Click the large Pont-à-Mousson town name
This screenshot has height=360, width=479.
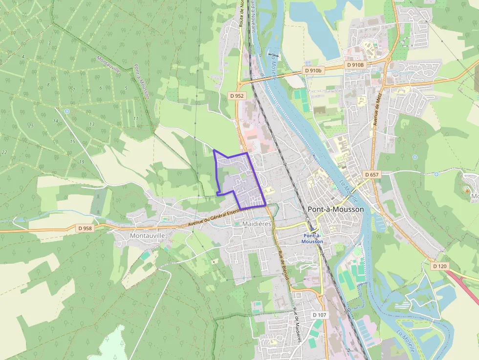[x=336, y=209]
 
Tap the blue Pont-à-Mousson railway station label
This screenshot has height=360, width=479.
[x=312, y=238]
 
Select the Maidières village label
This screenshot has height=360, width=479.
[x=257, y=224]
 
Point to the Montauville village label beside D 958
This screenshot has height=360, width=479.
[x=148, y=235]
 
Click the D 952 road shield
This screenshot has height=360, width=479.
[x=236, y=96]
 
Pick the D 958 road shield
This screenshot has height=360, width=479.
[x=85, y=228]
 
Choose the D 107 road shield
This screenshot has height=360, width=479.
[x=319, y=315]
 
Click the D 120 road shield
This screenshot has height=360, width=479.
[x=439, y=266]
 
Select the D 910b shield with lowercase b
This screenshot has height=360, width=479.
[x=313, y=70]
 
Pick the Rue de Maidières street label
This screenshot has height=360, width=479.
[x=297, y=325]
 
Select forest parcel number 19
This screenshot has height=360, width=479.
[x=81, y=162]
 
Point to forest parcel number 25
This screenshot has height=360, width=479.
[x=31, y=126]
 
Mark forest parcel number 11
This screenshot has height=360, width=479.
[x=135, y=119]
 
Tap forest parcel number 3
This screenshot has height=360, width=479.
[x=49, y=43]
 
